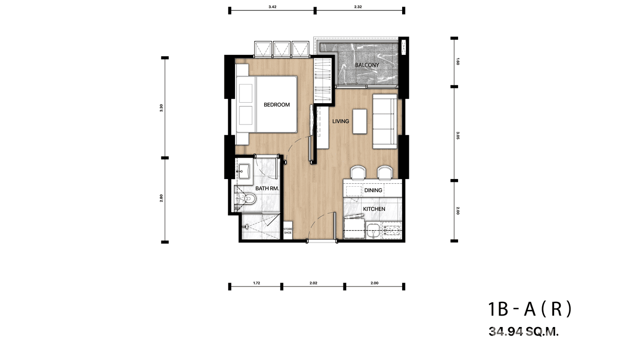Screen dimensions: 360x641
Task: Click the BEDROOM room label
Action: pyautogui.click(x=277, y=105)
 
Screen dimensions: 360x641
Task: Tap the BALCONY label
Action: pyautogui.click(x=367, y=65)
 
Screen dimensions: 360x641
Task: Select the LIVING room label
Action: pyautogui.click(x=341, y=121)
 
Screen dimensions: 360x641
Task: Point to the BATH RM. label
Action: pyautogui.click(x=267, y=189)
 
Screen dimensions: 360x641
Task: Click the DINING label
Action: pyautogui.click(x=373, y=191)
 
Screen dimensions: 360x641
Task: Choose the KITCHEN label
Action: pyautogui.click(x=374, y=209)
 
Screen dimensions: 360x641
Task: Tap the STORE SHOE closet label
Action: pyautogui.click(x=288, y=231)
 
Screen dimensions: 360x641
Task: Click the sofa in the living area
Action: pyautogui.click(x=385, y=121)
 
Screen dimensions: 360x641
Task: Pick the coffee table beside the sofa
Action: pyautogui.click(x=361, y=121)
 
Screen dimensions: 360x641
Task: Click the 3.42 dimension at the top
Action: pyautogui.click(x=272, y=7)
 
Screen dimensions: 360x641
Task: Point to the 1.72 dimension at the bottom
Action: pyautogui.click(x=256, y=283)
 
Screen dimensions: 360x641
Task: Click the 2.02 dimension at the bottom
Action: pyautogui.click(x=313, y=283)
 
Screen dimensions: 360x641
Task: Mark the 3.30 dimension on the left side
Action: pyautogui.click(x=162, y=108)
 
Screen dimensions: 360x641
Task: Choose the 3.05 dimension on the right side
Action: pyautogui.click(x=457, y=134)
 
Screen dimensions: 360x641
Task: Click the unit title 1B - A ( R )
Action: pyautogui.click(x=530, y=310)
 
